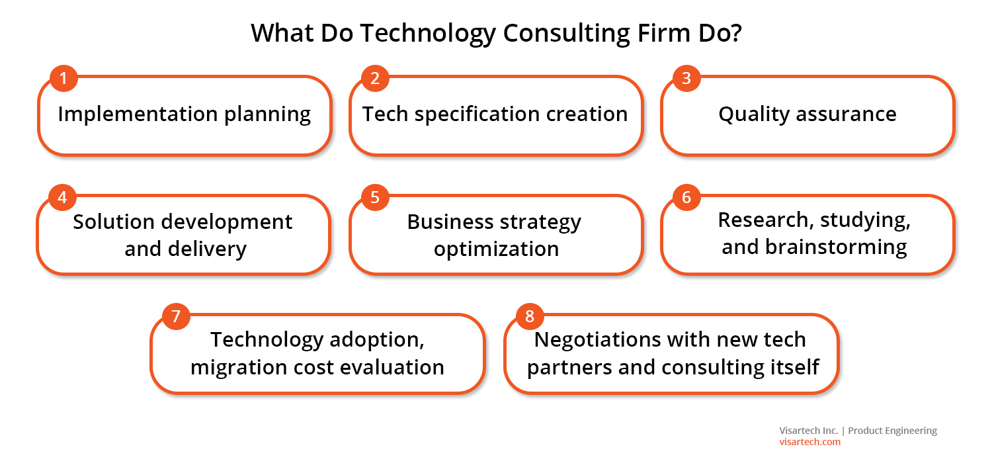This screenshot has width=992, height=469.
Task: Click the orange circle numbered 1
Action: pyautogui.click(x=63, y=79)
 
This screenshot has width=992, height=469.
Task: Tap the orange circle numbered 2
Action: pyautogui.click(x=375, y=79)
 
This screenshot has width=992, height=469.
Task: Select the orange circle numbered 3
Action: pyautogui.click(x=686, y=79)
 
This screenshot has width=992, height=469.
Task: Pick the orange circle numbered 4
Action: pyautogui.click(x=62, y=198)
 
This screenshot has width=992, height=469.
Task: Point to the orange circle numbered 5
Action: pyautogui.click(x=375, y=198)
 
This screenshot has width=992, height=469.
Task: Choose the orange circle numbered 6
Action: pyautogui.click(x=686, y=198)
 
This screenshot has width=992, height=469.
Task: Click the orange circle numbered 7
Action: pyautogui.click(x=176, y=317)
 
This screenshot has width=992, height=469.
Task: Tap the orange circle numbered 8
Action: pyautogui.click(x=530, y=317)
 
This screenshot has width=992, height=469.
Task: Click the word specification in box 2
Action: pyautogui.click(x=477, y=114)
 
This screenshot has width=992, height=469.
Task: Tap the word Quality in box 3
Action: pyautogui.click(x=754, y=114)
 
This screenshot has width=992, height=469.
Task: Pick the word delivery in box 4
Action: pyautogui.click(x=207, y=249)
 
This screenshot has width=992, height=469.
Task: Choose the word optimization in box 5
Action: pyautogui.click(x=496, y=249)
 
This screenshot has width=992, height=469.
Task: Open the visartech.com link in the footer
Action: pyautogui.click(x=809, y=442)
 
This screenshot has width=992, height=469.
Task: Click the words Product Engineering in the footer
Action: pyautogui.click(x=892, y=431)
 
